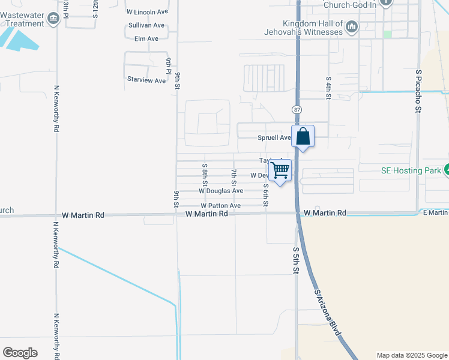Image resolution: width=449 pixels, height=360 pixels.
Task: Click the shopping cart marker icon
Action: [280, 170]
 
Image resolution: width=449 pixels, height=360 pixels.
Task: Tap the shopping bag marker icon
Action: [303, 136]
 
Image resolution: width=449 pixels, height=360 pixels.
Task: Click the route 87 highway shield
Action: [297, 110]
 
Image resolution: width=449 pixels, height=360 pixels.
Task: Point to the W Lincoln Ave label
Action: [147, 12]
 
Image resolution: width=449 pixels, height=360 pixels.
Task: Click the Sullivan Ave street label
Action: [146, 25]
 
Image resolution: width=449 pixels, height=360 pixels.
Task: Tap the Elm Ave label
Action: [146, 38]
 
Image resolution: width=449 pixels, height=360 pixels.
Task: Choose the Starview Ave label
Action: [146, 80]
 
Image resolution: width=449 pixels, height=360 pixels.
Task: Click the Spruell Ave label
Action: [274, 137]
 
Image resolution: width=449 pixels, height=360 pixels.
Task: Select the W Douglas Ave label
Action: [221, 191]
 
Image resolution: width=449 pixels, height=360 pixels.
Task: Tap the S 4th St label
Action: [328, 88]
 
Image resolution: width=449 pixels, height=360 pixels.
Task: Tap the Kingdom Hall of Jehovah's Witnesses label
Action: [307, 28]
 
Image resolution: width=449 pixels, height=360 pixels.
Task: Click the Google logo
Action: [20, 353]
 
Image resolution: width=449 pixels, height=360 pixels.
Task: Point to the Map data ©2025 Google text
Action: [412, 355]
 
